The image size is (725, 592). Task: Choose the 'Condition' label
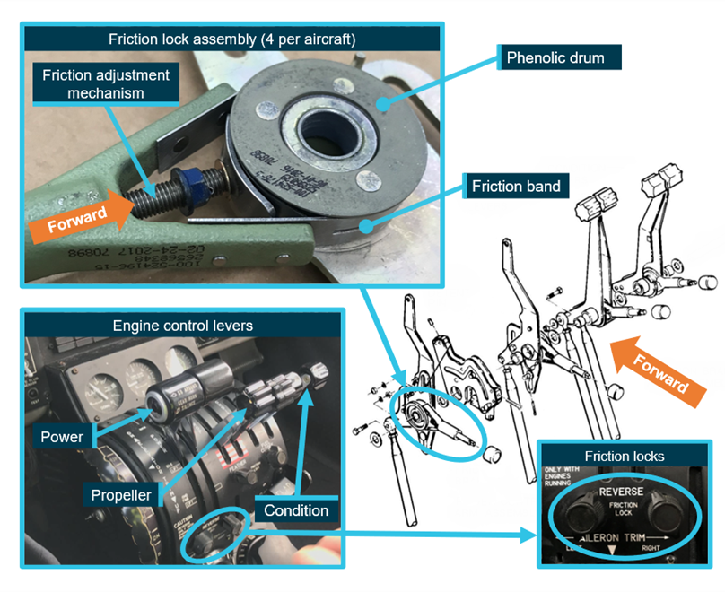297,510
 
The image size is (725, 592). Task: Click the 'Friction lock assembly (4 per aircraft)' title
231,39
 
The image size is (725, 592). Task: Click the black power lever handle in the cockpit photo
185,387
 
